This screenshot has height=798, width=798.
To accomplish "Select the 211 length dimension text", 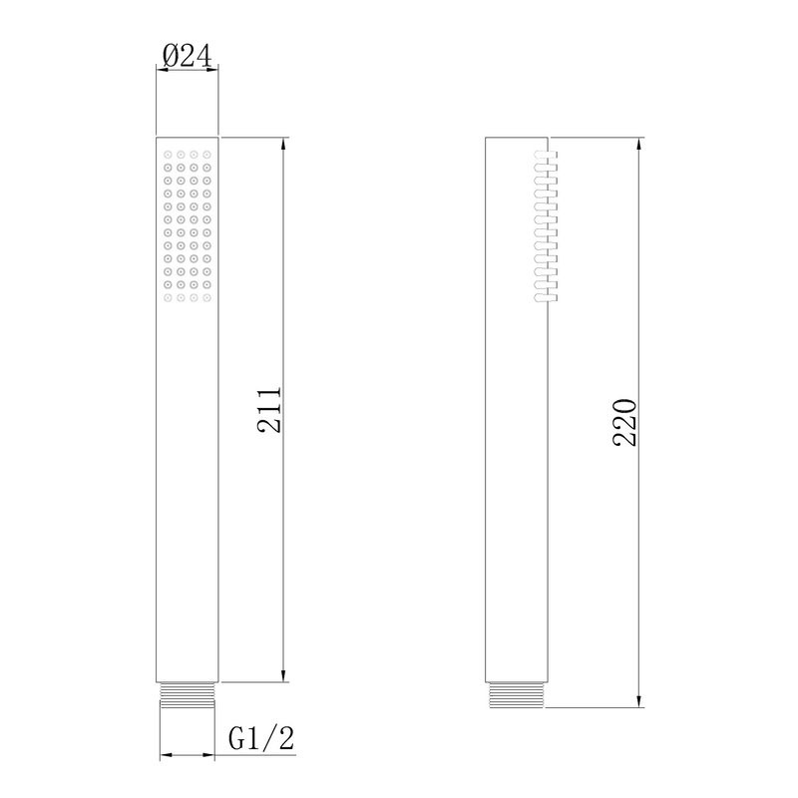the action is tap(269, 410).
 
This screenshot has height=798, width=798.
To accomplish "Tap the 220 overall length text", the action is tap(624, 422).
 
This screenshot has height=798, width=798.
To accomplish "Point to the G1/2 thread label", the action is tap(261, 738).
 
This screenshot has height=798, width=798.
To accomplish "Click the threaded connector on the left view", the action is tap(188, 695).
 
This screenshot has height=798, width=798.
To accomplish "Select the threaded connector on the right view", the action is tap(516, 694).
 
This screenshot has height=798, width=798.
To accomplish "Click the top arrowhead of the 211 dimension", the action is tap(283, 144).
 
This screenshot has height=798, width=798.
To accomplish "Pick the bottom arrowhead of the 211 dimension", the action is tap(283, 676).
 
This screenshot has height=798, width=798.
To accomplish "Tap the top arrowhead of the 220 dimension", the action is tap(639, 144).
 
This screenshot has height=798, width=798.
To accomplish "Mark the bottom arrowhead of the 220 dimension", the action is tap(639, 700).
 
